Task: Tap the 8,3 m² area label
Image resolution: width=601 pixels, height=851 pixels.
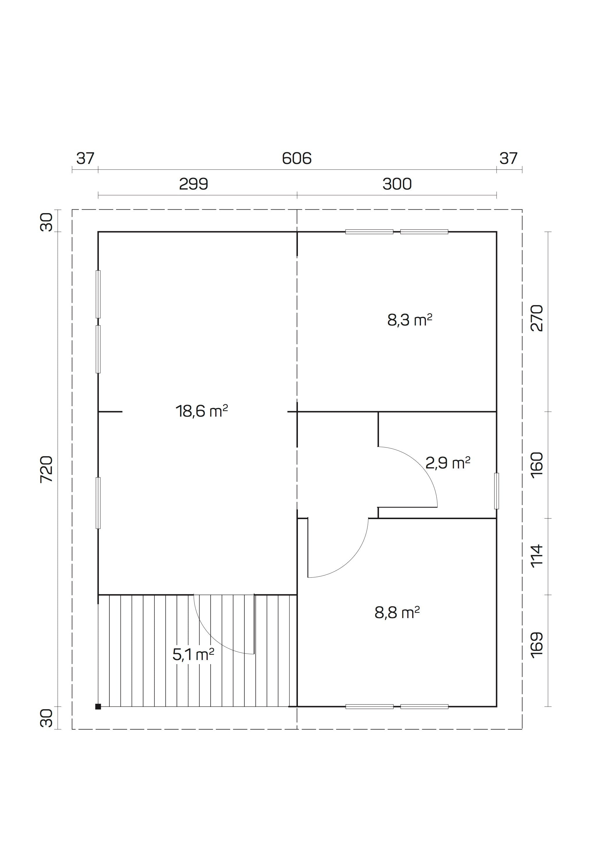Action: pos(410,320)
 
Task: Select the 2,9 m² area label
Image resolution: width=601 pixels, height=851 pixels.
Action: pos(448,463)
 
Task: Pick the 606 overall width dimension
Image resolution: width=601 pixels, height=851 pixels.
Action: pos(297,159)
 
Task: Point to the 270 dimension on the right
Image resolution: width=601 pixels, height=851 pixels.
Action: pos(537,318)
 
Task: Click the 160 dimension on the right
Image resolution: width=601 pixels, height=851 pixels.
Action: pos(537,464)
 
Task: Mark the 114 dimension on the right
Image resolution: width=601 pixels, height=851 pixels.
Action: pos(537,555)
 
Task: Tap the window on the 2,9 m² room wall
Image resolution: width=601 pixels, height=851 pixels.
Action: pos(497,491)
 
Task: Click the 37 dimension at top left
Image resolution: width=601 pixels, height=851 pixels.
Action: pos(85,159)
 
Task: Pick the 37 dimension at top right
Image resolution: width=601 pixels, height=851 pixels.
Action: pos(508,159)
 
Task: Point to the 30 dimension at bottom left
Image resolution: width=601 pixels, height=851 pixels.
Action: pos(47,718)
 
